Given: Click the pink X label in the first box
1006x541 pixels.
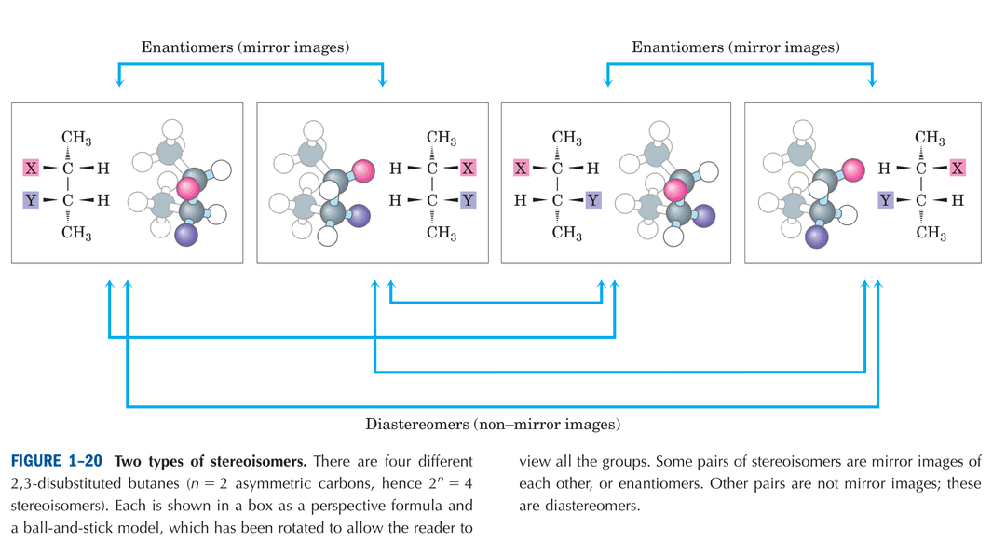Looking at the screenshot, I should [33, 169].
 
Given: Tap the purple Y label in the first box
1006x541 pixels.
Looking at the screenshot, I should [33, 199].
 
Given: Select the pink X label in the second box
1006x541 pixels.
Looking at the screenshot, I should [467, 169].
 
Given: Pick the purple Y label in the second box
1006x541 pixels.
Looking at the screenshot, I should [467, 199].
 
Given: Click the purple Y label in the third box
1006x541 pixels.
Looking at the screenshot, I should [592, 199].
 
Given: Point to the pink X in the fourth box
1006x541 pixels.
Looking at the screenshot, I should [957, 169].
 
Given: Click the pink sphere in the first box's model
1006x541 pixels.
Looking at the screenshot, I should [189, 188].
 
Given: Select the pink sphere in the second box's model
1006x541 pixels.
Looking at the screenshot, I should [362, 170].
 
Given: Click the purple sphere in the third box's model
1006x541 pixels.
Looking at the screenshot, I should [704, 216].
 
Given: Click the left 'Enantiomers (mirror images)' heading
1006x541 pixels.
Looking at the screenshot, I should [245, 47].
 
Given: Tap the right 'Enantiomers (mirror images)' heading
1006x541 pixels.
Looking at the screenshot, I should [736, 47].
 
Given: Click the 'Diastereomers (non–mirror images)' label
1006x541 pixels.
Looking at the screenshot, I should [493, 426].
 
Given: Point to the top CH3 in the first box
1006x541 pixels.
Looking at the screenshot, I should [75, 139].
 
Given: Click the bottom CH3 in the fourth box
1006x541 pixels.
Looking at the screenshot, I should [930, 232].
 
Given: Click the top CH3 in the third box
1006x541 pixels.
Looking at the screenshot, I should [566, 139].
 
